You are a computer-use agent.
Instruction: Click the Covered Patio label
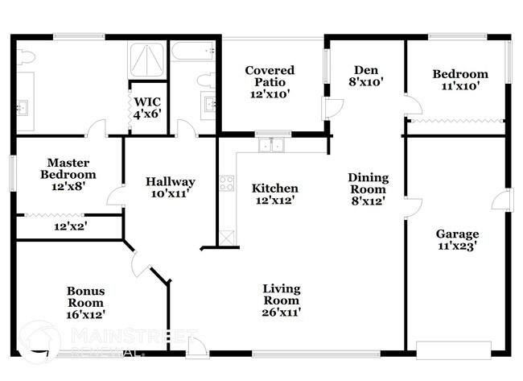[x=270, y=82]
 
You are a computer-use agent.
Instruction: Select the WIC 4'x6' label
[x=148, y=108]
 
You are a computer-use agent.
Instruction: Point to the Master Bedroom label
[x=72, y=174]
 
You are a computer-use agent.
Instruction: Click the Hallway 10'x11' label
[x=171, y=188]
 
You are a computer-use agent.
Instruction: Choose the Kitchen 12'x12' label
[x=274, y=194]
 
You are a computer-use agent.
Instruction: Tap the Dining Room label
[x=368, y=189]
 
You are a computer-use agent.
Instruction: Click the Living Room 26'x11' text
[x=282, y=300]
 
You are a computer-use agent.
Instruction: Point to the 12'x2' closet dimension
[x=71, y=226]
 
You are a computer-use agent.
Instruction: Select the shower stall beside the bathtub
[x=147, y=60]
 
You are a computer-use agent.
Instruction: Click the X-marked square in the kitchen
[x=227, y=236]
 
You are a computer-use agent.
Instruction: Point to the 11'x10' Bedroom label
[x=459, y=81]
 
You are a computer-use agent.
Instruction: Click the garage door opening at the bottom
[x=453, y=350]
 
